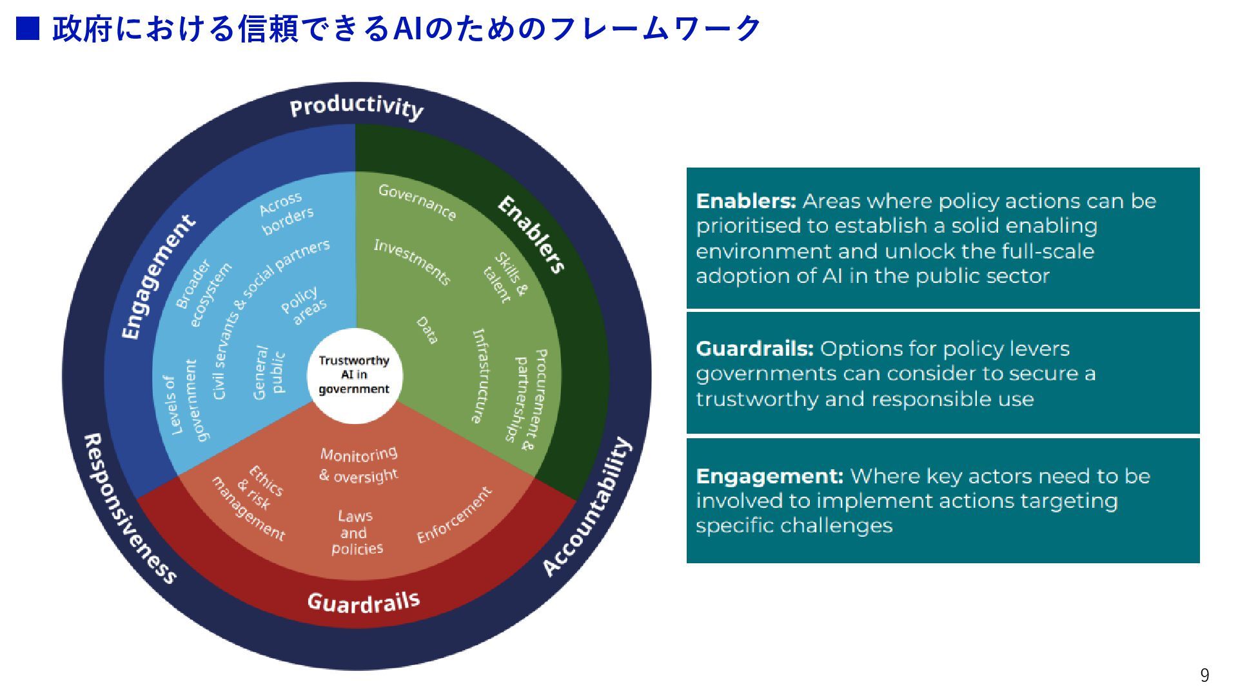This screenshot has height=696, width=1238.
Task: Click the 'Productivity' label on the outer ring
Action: pos(356,107)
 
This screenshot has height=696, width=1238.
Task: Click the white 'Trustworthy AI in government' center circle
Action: pos(354,375)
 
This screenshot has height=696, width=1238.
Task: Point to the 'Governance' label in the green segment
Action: pos(417,202)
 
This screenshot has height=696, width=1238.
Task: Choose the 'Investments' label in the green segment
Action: pos(412,262)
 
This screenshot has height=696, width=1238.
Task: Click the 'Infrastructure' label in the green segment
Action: pos(480,376)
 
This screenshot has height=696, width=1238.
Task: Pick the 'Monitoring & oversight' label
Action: pos(359,465)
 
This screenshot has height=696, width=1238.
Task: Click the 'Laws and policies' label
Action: pos(356,532)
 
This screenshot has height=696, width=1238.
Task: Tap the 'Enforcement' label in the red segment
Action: pos(455,515)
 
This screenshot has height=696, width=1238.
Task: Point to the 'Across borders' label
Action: pos(286,213)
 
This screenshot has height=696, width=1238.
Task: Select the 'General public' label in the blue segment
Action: pos(269,372)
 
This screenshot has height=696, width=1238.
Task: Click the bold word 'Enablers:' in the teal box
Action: pos(746,201)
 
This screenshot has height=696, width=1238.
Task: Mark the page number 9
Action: pos(1204,675)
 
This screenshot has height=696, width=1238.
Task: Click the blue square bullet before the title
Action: pos(28,28)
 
